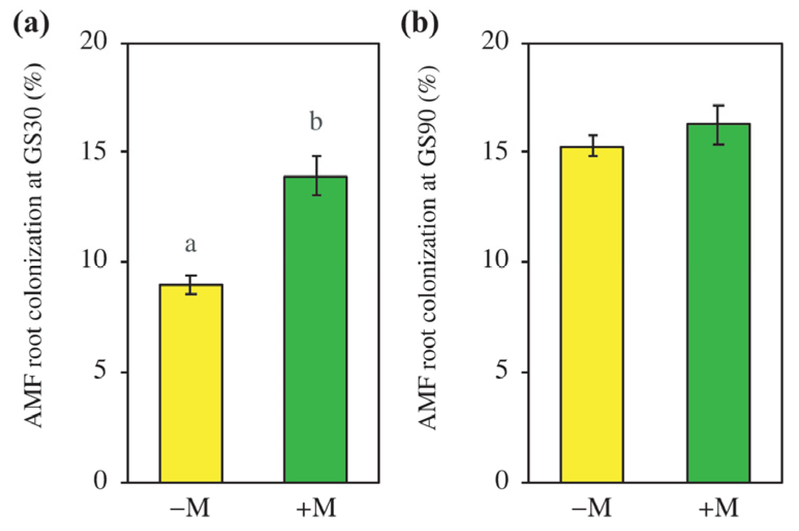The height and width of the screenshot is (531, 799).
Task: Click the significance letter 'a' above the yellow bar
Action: pyautogui.click(x=190, y=245)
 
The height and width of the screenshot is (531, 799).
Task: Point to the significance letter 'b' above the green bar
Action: pyautogui.click(x=315, y=122)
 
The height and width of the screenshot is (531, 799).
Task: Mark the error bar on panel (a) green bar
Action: pyautogui.click(x=316, y=175)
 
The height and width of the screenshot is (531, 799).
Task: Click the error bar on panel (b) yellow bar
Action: pyautogui.click(x=594, y=145)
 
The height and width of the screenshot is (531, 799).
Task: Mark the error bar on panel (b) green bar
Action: pyautogui.click(x=718, y=125)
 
